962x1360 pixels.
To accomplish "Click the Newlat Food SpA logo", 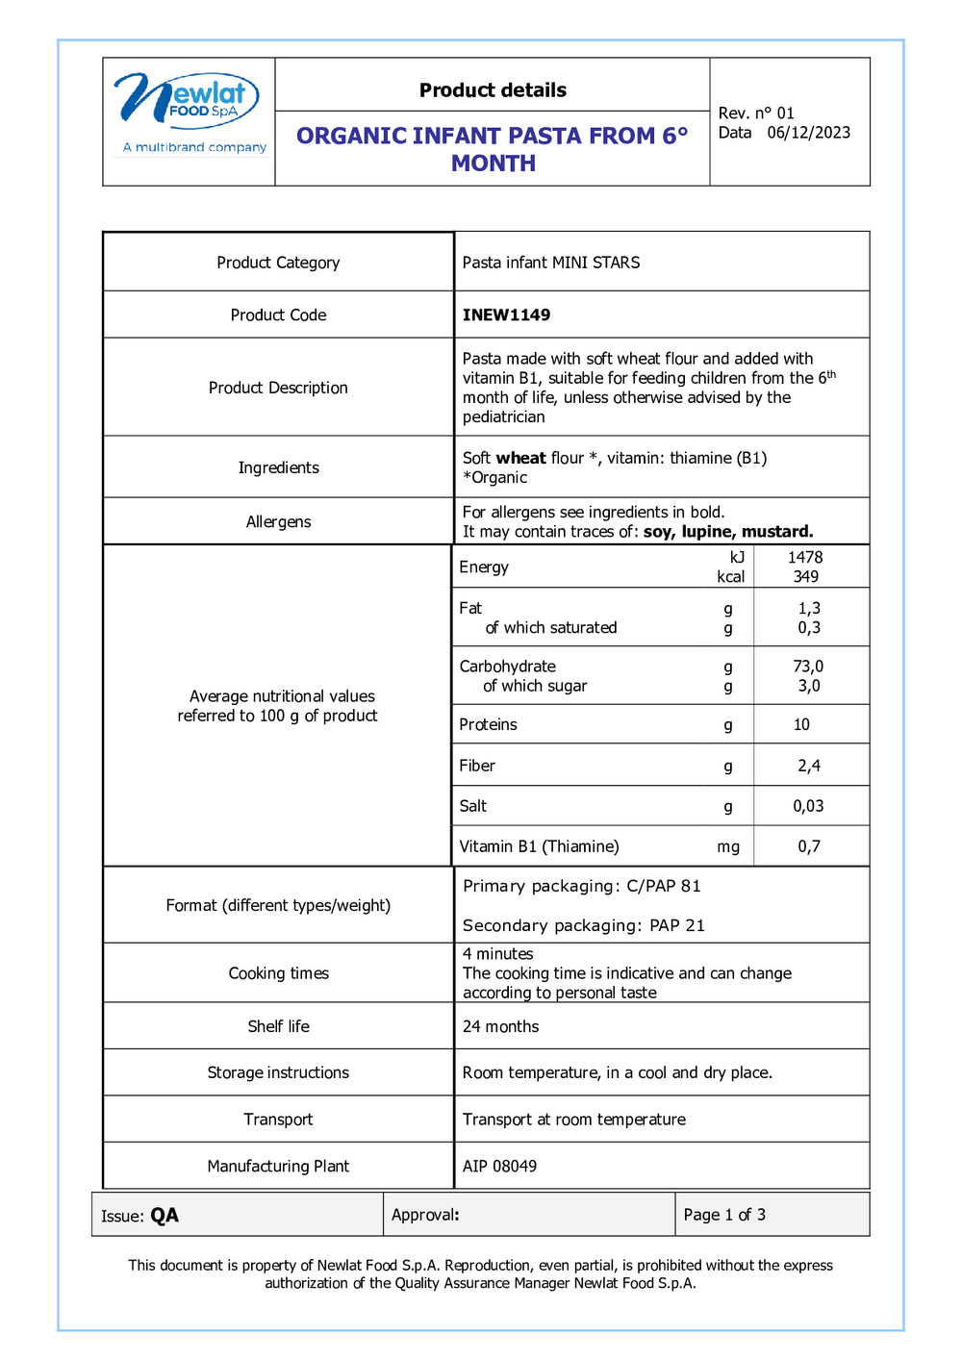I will click(189, 111).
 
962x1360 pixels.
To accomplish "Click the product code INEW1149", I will click(506, 315).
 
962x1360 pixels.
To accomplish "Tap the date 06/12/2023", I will click(808, 133).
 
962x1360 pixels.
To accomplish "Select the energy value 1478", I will click(805, 557).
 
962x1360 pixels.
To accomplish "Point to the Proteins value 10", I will click(801, 724).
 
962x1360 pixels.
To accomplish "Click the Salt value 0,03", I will click(808, 806).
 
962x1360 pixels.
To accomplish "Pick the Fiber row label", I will click(477, 766).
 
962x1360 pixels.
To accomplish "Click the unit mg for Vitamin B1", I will click(728, 846).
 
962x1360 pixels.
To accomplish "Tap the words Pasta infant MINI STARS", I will click(550, 263).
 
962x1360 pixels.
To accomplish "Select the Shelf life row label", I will click(278, 1026).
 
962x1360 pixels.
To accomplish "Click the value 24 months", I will click(500, 1026).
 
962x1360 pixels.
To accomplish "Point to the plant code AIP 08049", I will click(499, 1166).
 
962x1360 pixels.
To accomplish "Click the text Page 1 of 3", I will click(724, 1215).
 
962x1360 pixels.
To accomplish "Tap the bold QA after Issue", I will click(165, 1216).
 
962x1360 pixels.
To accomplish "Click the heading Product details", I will click(493, 90).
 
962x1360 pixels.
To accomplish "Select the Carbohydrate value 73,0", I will click(808, 666).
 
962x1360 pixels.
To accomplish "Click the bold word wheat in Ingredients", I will click(520, 458).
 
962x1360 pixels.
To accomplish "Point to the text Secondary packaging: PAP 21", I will click(583, 925).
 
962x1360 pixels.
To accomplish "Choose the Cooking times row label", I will click(278, 973).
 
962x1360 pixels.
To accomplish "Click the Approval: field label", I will click(425, 1215).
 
